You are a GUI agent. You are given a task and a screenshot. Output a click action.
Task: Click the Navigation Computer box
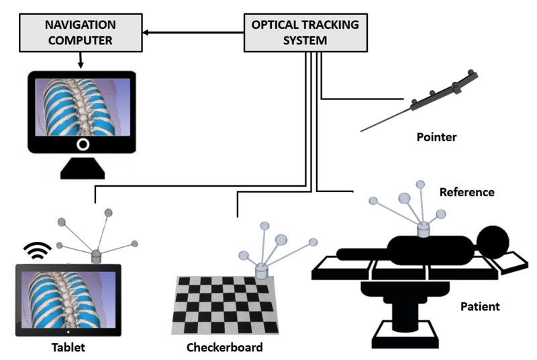(x=81, y=32)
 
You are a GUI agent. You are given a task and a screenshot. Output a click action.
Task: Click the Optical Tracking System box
(x=305, y=32)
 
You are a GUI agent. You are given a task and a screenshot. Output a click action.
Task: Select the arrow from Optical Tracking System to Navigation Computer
(x=195, y=32)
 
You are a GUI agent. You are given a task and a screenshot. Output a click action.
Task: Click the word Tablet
(x=68, y=348)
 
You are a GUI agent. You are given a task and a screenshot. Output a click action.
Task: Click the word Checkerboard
(x=224, y=348)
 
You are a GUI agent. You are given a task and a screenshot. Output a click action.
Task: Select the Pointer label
(x=436, y=137)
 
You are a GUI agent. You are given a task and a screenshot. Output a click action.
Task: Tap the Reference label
(x=467, y=192)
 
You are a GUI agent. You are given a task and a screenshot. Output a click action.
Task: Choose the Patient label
(x=480, y=307)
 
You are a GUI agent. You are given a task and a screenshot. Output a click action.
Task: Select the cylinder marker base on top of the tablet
(x=96, y=256)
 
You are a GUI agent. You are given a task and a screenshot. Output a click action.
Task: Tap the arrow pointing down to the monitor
(x=81, y=62)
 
